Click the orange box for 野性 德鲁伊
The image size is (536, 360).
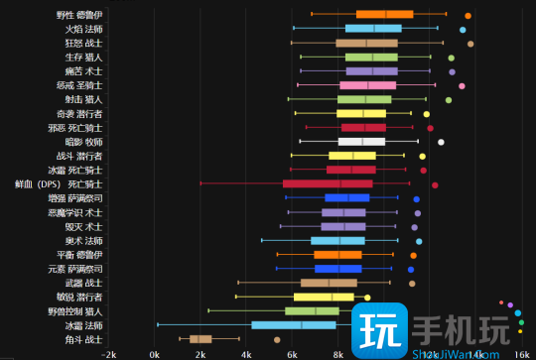[384, 14]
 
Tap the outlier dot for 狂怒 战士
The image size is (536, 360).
[470, 43]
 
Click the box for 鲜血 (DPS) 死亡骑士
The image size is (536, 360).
[328, 183]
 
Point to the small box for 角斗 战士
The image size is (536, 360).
[201, 339]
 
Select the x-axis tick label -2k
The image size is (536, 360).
[108, 354]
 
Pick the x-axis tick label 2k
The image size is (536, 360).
[201, 354]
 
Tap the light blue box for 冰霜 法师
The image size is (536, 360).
[294, 324]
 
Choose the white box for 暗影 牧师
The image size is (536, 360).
[361, 142]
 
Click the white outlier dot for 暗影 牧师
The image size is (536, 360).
[441, 142]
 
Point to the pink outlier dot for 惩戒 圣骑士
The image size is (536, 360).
[462, 85]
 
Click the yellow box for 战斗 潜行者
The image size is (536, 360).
[352, 156]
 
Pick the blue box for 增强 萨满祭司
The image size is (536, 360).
[346, 198]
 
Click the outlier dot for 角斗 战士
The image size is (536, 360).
[277, 339]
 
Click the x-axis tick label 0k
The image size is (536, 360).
[154, 354]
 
